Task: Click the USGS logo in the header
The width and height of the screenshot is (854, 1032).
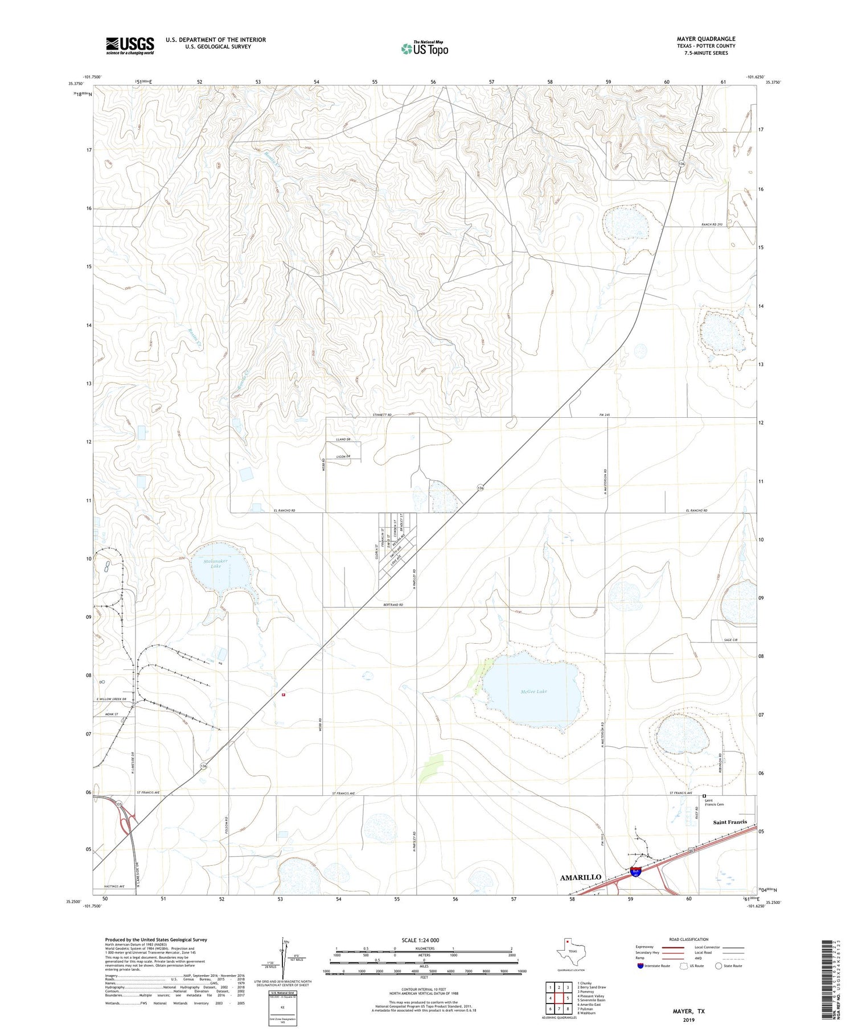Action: pos(130,46)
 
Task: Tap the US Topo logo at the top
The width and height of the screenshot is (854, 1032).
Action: pos(425,49)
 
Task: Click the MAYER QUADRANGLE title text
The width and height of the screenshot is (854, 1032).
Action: pos(705,39)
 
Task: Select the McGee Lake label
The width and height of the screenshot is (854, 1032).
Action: pos(533,691)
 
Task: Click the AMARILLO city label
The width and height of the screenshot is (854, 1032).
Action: pos(580,877)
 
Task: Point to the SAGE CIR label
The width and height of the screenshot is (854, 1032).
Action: pos(730,640)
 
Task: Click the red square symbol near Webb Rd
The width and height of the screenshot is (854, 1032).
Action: pos(283,694)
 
